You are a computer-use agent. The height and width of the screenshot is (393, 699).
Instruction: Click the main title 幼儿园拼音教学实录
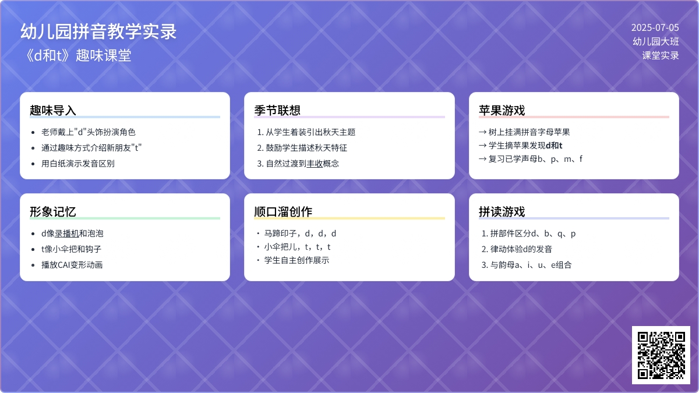click(x=98, y=31)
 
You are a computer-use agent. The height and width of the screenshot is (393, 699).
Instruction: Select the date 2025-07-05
click(x=655, y=28)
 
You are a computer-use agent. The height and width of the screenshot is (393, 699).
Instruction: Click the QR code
click(x=661, y=355)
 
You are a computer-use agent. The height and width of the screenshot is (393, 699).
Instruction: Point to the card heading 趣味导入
click(x=53, y=111)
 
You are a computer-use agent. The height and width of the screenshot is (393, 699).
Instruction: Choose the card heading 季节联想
click(x=277, y=111)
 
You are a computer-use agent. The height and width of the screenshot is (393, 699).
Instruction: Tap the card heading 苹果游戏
click(x=502, y=111)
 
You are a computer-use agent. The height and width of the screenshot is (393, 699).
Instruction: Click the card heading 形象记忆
click(x=53, y=212)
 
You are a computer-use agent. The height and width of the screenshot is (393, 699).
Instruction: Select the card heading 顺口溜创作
click(x=283, y=212)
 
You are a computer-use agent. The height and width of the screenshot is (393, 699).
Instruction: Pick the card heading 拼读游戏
click(x=502, y=212)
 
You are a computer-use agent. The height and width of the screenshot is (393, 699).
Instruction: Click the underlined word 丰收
click(x=315, y=164)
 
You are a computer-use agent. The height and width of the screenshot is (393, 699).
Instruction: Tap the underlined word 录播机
click(x=67, y=233)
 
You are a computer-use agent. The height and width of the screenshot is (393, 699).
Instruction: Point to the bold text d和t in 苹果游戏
click(x=554, y=146)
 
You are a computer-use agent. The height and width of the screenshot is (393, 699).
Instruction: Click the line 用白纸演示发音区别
click(x=78, y=164)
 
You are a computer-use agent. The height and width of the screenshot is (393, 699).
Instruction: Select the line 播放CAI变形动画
click(x=72, y=265)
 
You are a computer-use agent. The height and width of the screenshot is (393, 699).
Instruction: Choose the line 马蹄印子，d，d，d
click(x=300, y=233)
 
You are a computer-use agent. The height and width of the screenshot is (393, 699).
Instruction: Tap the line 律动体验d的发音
click(x=521, y=249)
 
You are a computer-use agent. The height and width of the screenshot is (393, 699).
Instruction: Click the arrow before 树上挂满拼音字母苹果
click(x=483, y=132)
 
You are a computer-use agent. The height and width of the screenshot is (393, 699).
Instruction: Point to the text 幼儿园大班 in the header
click(x=656, y=41)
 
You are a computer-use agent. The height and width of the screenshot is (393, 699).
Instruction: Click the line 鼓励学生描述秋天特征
click(x=306, y=148)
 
